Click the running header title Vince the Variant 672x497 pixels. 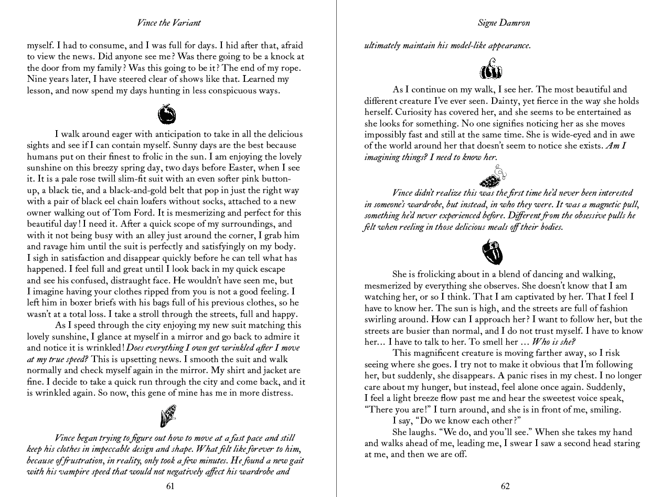pyautogui.click(x=168, y=23)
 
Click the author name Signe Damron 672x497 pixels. pyautogui.click(x=504, y=23)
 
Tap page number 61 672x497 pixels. pyautogui.click(x=170, y=486)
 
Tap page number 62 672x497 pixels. pyautogui.click(x=505, y=486)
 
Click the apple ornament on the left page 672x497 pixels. pyautogui.click(x=167, y=113)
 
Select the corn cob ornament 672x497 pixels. pyautogui.click(x=168, y=416)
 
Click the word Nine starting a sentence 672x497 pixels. pyautogui.click(x=36, y=79)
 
